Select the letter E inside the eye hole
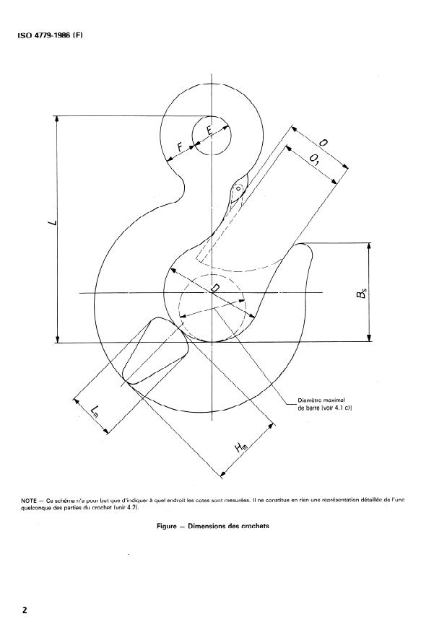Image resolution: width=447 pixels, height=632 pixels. (x=209, y=132)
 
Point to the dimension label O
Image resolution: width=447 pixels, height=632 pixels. (x=323, y=144)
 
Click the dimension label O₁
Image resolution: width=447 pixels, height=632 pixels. (x=314, y=159)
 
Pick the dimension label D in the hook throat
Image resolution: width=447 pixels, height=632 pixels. (x=214, y=290)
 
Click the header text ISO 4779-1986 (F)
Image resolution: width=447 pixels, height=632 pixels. (x=50, y=35)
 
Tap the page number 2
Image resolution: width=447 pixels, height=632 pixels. (x=25, y=610)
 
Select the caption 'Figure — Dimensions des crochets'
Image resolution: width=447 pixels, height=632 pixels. (x=213, y=526)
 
